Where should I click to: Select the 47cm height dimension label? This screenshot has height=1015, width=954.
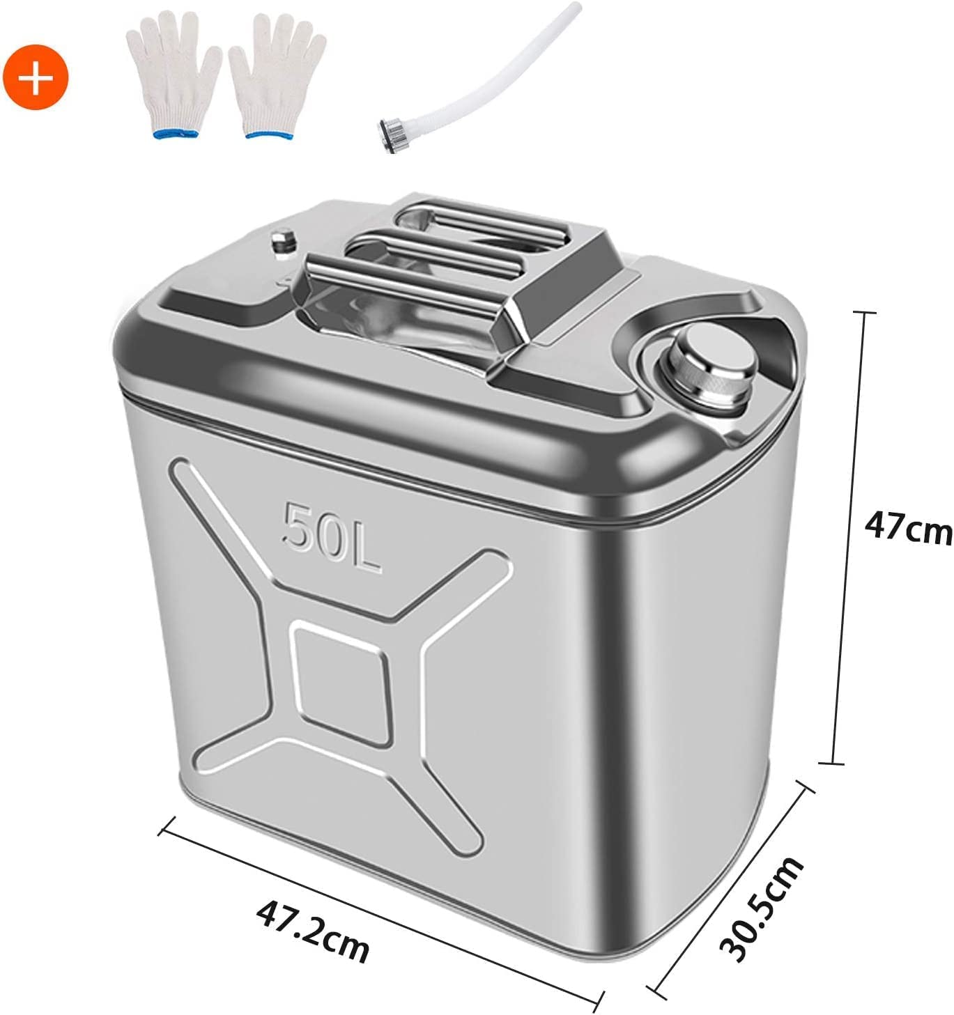[906, 530]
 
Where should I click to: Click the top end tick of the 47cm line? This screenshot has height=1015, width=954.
[864, 313]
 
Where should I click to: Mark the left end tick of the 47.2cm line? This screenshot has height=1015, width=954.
[163, 830]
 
